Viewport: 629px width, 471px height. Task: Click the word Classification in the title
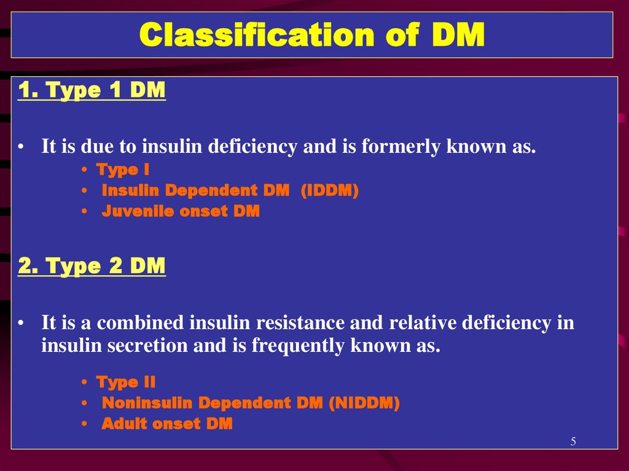[x=257, y=34]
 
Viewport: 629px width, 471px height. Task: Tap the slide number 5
[x=573, y=442]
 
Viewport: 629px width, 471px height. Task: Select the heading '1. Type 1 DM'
[x=92, y=90]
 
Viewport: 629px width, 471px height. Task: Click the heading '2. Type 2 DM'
[x=92, y=266]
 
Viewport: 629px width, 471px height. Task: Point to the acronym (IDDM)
[x=330, y=190]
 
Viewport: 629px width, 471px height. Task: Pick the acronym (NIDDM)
[x=364, y=403]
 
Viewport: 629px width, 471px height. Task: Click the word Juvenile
[x=138, y=211]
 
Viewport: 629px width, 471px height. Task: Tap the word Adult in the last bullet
[x=124, y=424]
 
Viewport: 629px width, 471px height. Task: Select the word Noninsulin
[x=147, y=403]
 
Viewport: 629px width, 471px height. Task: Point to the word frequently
[x=298, y=346]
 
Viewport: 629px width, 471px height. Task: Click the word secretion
[x=147, y=346]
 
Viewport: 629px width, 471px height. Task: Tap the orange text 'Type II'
[x=125, y=383]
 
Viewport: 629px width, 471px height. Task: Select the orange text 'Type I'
[x=123, y=170]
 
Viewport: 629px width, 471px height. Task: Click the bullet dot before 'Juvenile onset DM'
[x=84, y=211]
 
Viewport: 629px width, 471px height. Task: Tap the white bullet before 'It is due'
[x=21, y=147]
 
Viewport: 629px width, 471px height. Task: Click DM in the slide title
[x=458, y=34]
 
